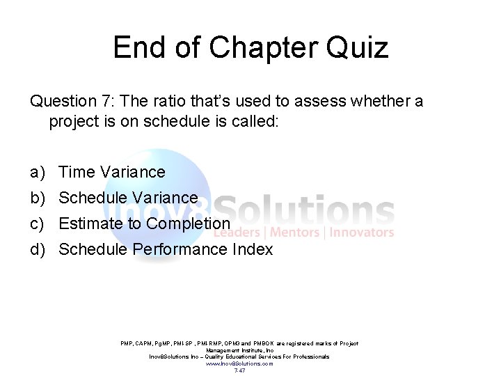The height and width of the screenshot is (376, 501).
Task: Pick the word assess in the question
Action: click(x=319, y=101)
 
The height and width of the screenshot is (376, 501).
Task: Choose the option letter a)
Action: click(x=38, y=172)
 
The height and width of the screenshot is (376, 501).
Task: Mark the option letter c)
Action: click(x=38, y=224)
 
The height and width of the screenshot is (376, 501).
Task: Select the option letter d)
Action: click(x=38, y=249)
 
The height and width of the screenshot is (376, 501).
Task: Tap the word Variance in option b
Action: click(x=166, y=198)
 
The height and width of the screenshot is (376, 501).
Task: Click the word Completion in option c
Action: click(x=188, y=224)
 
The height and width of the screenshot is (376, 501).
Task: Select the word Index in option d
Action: click(x=253, y=249)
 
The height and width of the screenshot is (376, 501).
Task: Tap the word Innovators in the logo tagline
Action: click(x=361, y=233)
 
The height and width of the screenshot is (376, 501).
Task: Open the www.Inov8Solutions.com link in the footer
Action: click(x=239, y=363)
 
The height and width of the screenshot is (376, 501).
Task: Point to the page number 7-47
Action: click(x=239, y=370)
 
